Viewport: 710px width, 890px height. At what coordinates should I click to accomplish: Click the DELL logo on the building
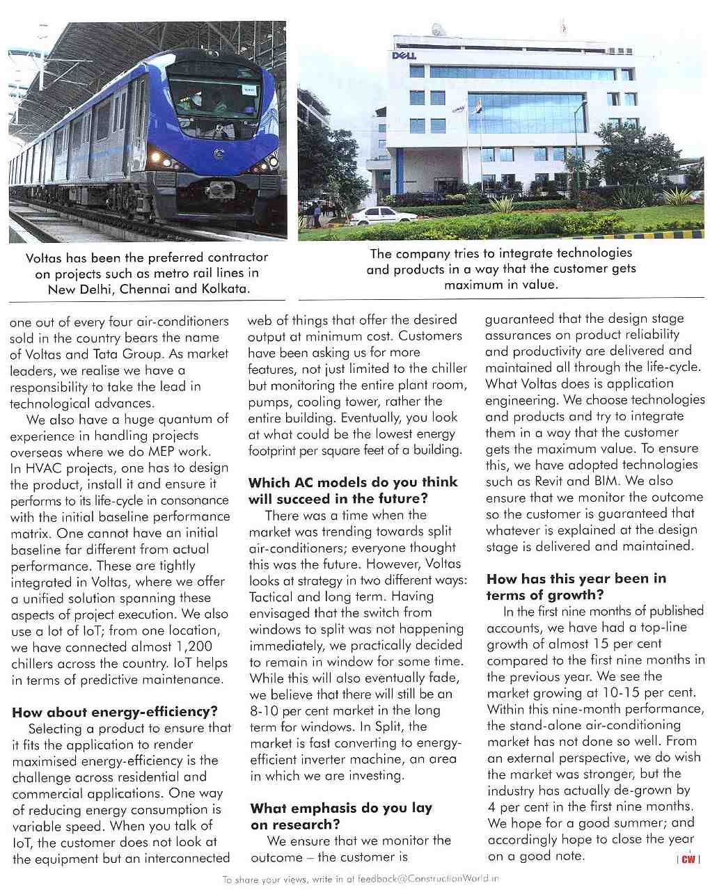(x=404, y=55)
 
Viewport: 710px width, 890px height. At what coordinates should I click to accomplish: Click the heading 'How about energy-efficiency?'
(x=115, y=711)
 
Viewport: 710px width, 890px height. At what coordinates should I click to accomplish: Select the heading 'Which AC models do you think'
(x=353, y=482)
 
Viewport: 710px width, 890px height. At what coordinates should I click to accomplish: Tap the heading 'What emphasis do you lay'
(x=341, y=808)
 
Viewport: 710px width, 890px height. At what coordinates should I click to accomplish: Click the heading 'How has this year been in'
(x=576, y=578)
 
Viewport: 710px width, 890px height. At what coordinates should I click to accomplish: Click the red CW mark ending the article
(x=688, y=859)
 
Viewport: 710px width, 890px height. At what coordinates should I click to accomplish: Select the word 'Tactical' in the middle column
(x=272, y=596)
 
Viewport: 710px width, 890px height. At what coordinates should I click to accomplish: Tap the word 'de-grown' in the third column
(x=652, y=790)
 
